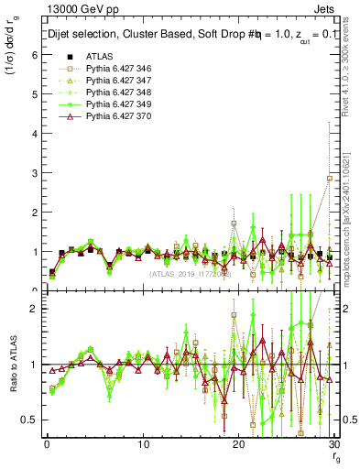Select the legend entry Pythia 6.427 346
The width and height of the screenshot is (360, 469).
(115, 70)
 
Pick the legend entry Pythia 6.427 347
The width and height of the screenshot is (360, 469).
(115, 82)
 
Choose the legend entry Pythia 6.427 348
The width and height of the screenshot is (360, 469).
(115, 93)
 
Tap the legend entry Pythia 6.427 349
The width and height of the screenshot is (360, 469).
(115, 105)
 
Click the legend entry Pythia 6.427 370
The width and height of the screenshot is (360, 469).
(115, 117)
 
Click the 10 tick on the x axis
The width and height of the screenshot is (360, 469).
(143, 444)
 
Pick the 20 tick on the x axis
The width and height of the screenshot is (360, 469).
(238, 444)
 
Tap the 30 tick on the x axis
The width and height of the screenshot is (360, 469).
(334, 444)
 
